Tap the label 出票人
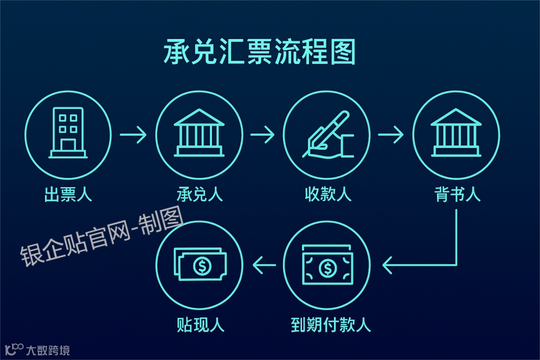[68, 194]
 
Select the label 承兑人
[199, 194]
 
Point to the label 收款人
[328, 194]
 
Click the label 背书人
[457, 194]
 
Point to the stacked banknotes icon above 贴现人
[199, 264]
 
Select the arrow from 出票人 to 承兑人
[133, 134]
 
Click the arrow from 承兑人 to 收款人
[262, 134]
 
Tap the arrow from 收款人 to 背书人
[391, 134]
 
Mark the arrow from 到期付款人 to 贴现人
[264, 264]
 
